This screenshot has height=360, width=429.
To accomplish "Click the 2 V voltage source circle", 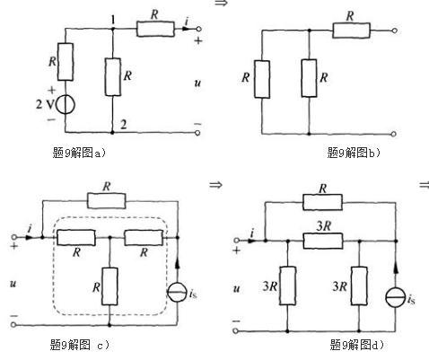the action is tap(66, 104).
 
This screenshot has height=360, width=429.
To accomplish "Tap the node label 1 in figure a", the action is tap(113, 20).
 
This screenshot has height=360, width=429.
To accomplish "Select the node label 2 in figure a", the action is tap(123, 124).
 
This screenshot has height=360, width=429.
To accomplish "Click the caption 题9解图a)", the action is tap(79, 153).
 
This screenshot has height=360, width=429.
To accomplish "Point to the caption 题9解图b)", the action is tap(354, 153).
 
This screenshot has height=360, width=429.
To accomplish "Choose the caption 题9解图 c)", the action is tap(80, 345).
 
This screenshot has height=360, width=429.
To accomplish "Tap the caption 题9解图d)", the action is tap(356, 345).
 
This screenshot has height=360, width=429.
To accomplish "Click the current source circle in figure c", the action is tap(177, 292).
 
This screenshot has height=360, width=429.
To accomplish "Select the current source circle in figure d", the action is tap(396, 298).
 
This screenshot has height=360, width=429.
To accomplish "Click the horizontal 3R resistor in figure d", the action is tap(323, 241).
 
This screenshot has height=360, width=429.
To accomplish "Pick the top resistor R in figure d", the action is tap(322, 202).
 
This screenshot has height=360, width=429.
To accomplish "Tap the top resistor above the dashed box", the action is tap(107, 201).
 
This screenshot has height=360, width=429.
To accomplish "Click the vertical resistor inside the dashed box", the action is tap(109, 286).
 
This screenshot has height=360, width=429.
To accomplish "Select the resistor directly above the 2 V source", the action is tap(66, 62).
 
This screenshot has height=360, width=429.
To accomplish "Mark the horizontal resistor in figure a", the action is tap(155, 29).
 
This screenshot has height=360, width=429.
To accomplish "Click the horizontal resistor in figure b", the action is tap(351, 31).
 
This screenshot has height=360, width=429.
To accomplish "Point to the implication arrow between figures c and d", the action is tap(215, 185).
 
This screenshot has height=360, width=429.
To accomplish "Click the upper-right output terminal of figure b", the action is tap(395, 31).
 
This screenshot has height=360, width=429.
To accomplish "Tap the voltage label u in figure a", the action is tap(197, 83).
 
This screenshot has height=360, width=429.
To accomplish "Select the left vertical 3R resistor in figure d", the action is tap(287, 285).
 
